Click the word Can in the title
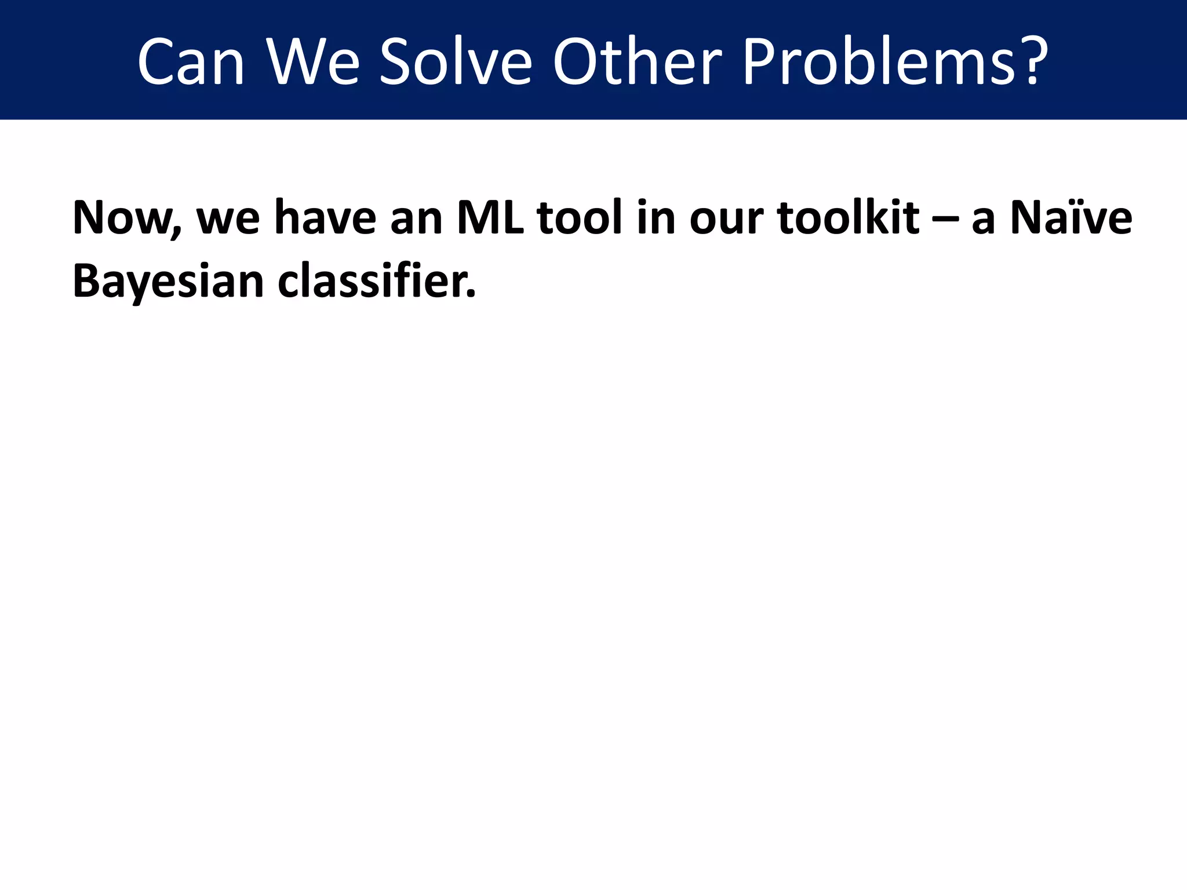[x=191, y=62]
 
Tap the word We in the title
[x=313, y=62]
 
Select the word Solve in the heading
[x=456, y=62]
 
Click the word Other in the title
[x=638, y=62]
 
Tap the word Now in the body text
[x=125, y=218]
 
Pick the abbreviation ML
[x=490, y=218]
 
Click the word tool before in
[x=580, y=218]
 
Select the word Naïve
[x=1071, y=218]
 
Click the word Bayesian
[x=168, y=282]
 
